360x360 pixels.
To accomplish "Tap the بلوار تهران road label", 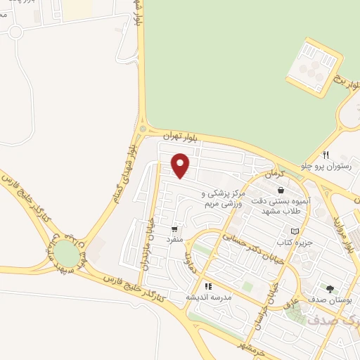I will pyautogui.click(x=177, y=134).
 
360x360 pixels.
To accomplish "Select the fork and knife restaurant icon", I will pyautogui.click(x=326, y=155).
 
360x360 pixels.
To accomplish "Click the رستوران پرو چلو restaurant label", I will pyautogui.click(x=324, y=166).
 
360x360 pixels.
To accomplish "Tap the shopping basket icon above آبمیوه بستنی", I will pyautogui.click(x=281, y=189).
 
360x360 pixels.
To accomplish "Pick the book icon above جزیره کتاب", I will pyautogui.click(x=295, y=231).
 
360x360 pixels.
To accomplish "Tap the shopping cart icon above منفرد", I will pyautogui.click(x=174, y=229).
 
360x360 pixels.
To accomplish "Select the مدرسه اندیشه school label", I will pyautogui.click(x=208, y=297).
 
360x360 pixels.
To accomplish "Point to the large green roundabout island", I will pyautogui.click(x=67, y=253).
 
